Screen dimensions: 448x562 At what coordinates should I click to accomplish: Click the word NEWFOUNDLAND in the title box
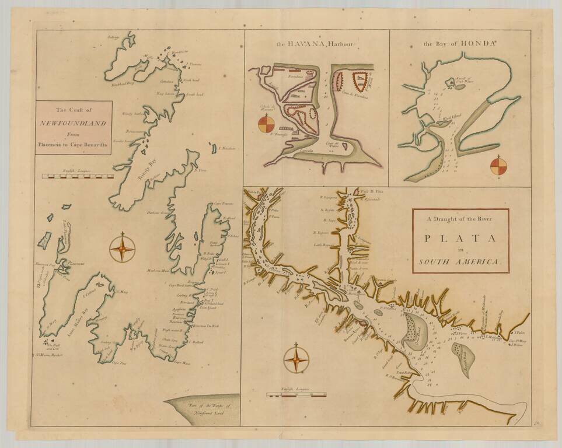tap(72, 123)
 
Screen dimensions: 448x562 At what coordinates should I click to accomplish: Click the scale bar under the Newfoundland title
tap(78, 175)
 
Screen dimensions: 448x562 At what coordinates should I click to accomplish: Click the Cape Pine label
tap(118, 363)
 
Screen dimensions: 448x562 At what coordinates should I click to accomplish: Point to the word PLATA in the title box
tap(460, 238)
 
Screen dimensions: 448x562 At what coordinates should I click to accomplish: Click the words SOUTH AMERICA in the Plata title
tap(460, 262)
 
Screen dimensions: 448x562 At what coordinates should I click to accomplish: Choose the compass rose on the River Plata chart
tap(296, 358)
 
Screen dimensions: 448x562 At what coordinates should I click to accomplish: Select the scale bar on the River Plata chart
tap(296, 395)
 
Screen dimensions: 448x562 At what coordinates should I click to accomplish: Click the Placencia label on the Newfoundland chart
tap(75, 264)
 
